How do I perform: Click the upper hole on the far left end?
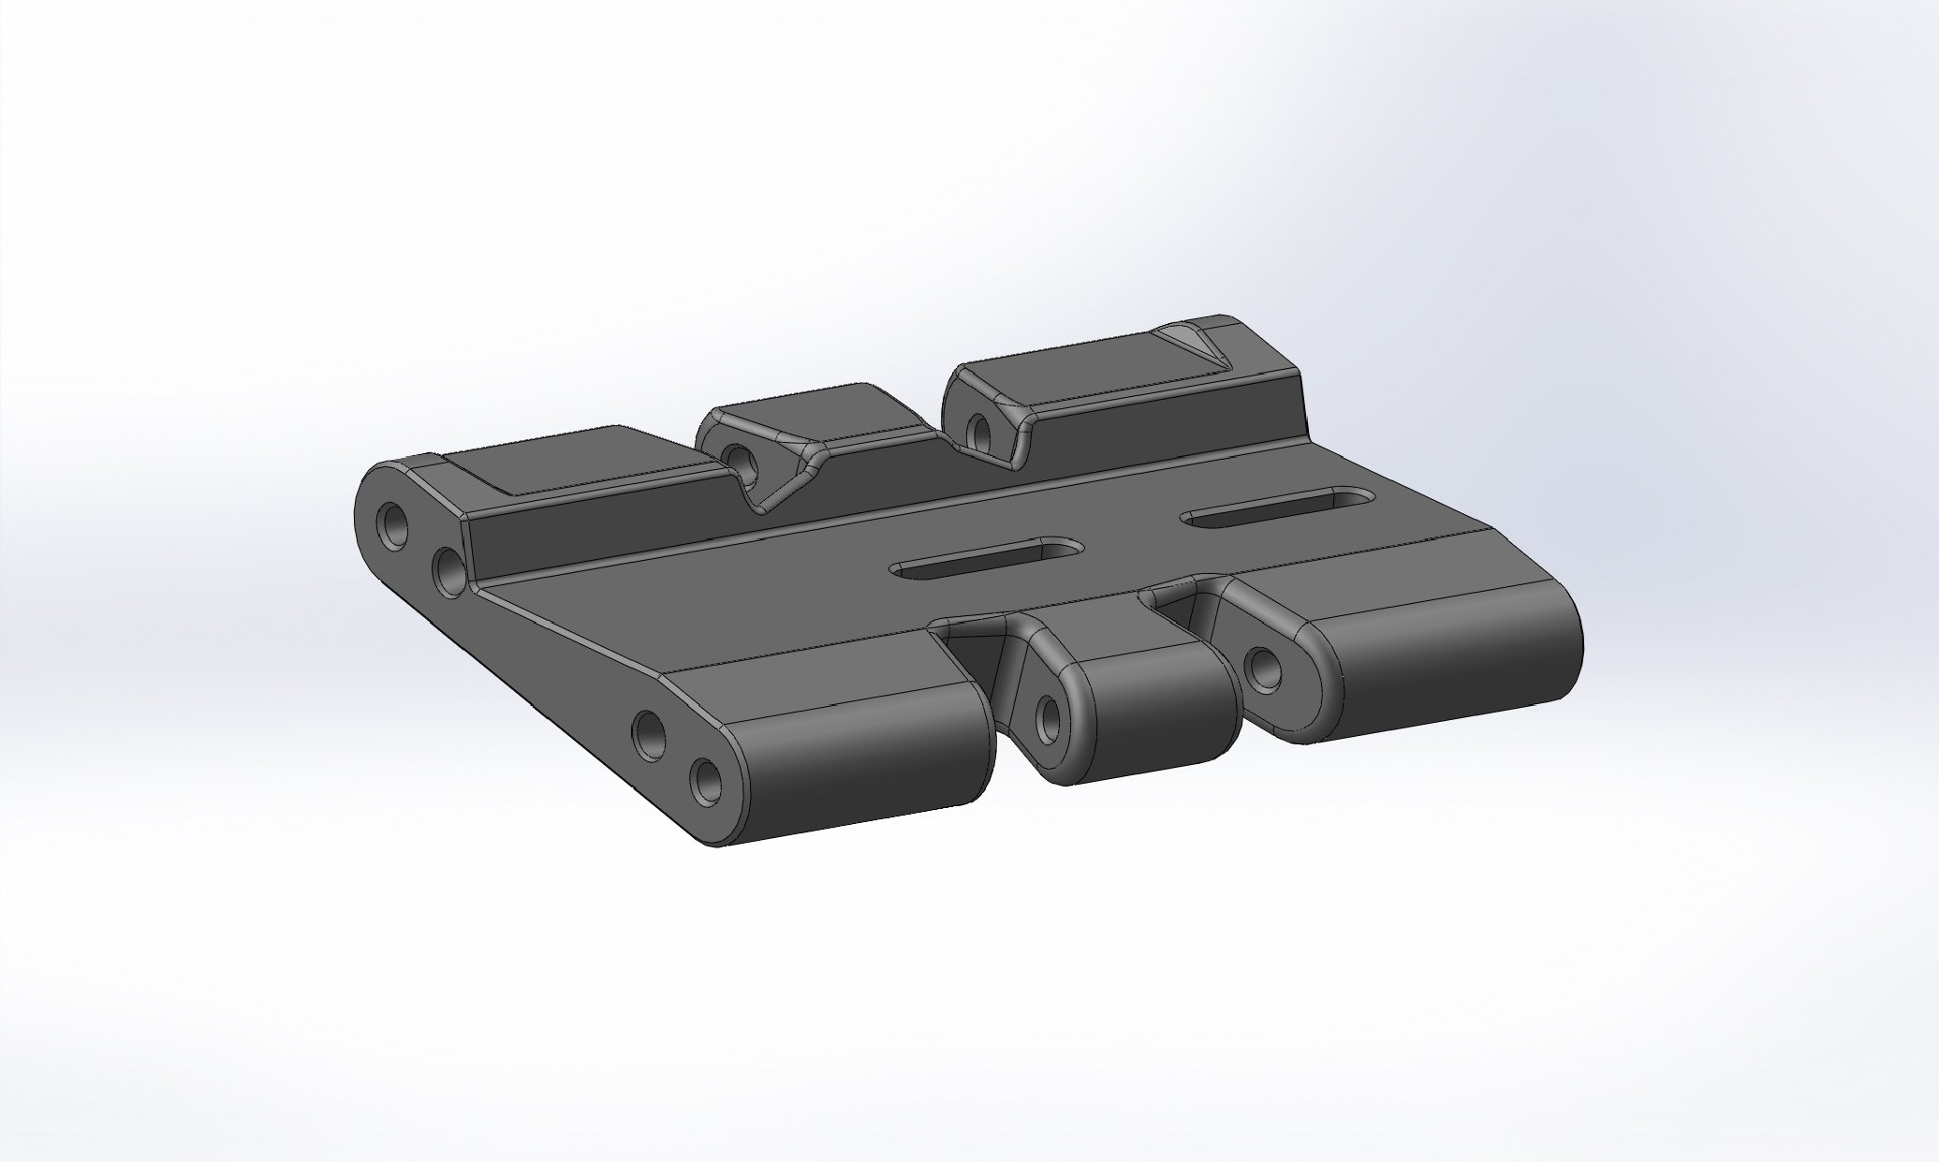point(392,522)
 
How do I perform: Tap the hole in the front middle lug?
point(1047,717)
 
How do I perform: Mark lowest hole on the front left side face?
point(707,780)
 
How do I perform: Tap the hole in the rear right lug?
point(981,430)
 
